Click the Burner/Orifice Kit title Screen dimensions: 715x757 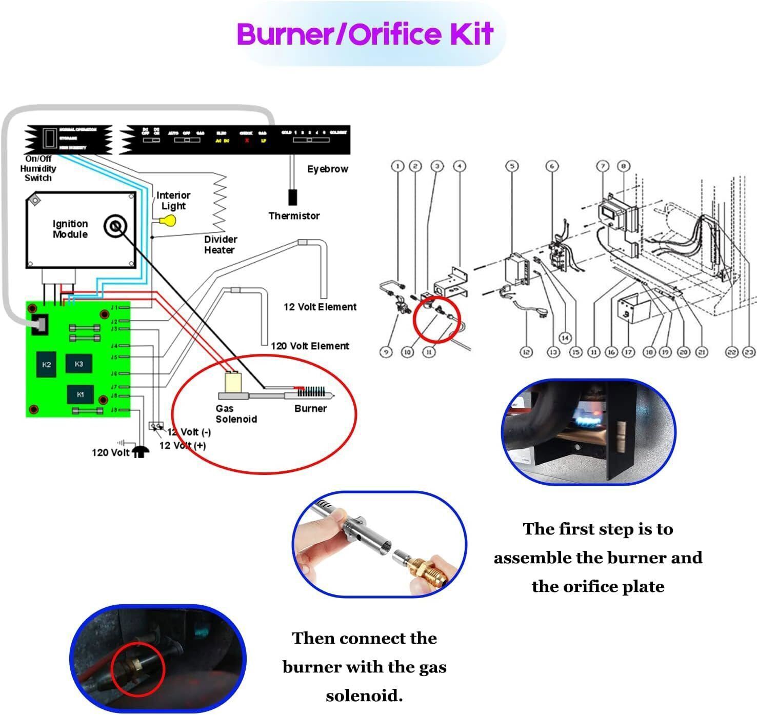(x=365, y=34)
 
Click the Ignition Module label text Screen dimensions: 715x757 (x=70, y=229)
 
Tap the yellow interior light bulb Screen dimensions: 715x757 (x=168, y=221)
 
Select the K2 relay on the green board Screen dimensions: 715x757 (x=47, y=365)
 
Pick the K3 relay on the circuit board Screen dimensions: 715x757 (x=78, y=364)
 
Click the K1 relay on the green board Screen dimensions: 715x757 (x=81, y=394)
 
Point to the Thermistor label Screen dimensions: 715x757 (x=294, y=216)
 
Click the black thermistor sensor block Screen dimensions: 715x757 (x=292, y=197)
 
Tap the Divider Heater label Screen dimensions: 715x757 (x=221, y=245)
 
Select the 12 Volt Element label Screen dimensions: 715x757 (x=320, y=307)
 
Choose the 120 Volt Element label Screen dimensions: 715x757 (x=310, y=346)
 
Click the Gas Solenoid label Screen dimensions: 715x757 (x=235, y=414)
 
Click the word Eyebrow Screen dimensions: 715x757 (x=327, y=169)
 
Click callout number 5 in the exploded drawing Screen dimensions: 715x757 (x=511, y=166)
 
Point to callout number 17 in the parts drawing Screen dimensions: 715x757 (x=628, y=352)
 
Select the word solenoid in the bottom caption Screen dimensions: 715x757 (x=364, y=696)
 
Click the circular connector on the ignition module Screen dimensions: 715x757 (x=115, y=226)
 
